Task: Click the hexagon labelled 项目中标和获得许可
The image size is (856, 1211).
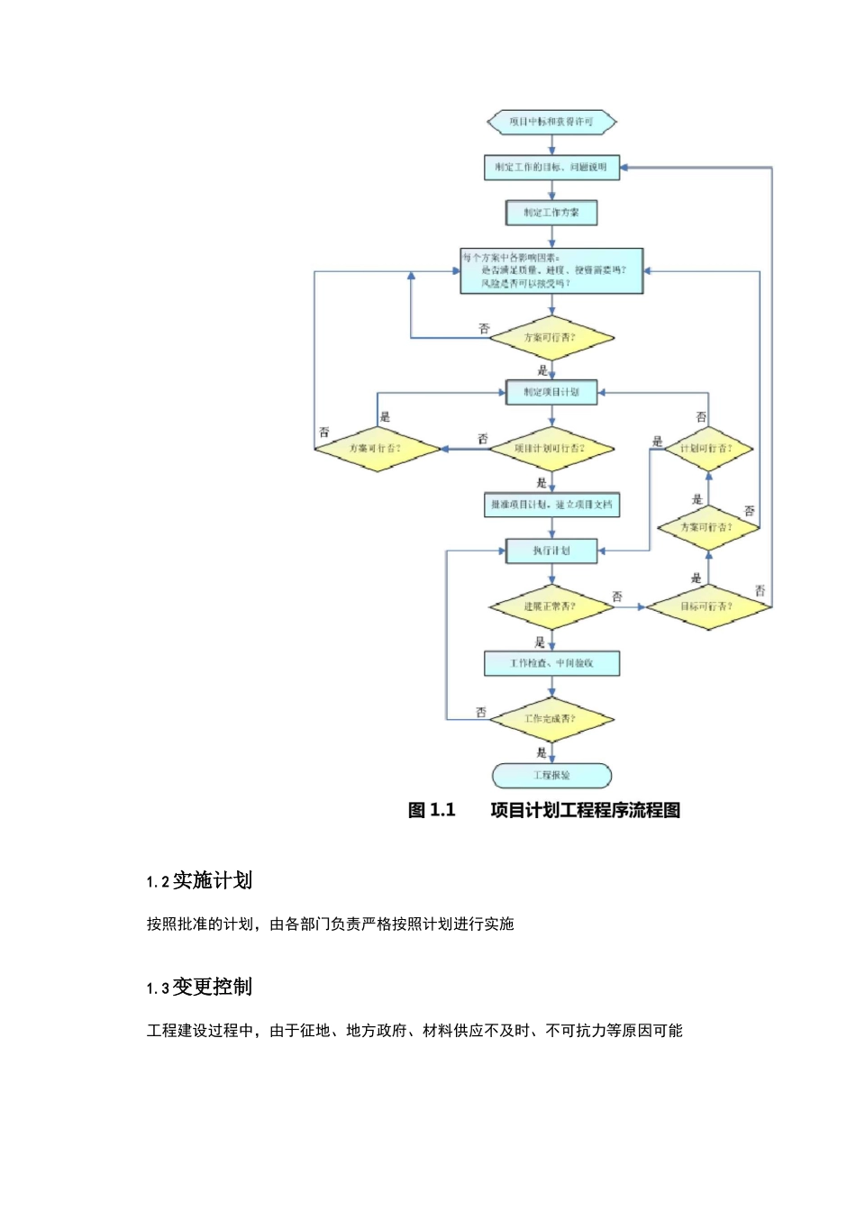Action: coord(551,122)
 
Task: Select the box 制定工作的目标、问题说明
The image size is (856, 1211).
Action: coord(551,168)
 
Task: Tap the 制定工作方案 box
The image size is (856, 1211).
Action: coord(551,213)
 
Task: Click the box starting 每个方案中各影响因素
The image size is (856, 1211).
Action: coord(551,270)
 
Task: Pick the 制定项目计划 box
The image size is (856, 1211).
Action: coord(551,392)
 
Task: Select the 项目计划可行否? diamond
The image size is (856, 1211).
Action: coord(551,449)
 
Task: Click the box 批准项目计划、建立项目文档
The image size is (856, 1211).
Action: coord(551,505)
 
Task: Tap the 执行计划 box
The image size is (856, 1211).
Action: coord(551,551)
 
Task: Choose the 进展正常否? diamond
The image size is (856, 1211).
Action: coord(551,606)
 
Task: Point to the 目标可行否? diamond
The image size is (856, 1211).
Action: coord(707,606)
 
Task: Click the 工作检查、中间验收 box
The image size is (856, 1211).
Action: coord(551,663)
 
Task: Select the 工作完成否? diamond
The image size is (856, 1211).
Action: coord(551,719)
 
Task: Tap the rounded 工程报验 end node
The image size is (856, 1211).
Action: coord(551,775)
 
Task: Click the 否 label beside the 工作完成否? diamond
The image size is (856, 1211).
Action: coord(481,712)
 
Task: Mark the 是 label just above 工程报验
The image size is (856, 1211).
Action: coord(542,752)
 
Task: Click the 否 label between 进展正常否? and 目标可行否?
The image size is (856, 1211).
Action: coord(617,596)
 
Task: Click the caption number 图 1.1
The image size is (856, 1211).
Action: coord(432,810)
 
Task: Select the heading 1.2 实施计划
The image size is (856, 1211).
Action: coord(199,880)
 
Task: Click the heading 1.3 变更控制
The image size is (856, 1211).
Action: coord(199,987)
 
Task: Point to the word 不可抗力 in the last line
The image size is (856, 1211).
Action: coord(576,1030)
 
